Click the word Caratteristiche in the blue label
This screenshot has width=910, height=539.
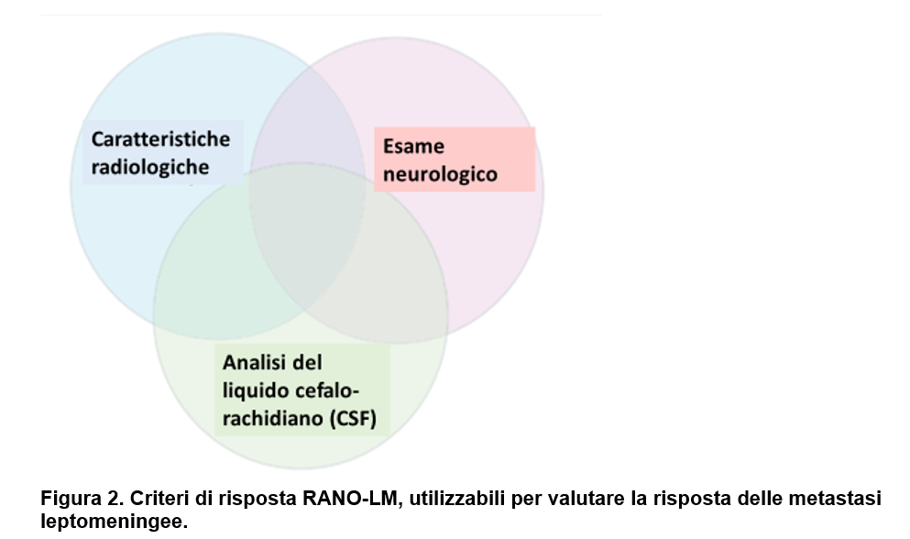160,139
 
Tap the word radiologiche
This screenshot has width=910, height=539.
149,167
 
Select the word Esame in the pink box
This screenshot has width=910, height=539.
414,147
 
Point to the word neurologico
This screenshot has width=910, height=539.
440,174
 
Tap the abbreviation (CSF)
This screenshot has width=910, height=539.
354,418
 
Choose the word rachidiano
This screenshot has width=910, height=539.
273,418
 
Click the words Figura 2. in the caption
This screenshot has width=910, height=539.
82,499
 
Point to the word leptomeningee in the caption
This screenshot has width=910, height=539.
114,521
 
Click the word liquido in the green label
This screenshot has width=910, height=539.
256,390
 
